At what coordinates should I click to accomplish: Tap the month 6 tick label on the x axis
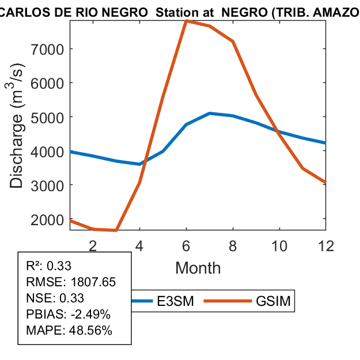(186, 245)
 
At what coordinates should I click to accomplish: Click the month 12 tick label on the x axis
(326, 245)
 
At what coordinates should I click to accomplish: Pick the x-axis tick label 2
(93, 245)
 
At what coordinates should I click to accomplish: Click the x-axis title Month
(198, 267)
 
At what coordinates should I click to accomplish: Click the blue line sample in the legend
(144, 301)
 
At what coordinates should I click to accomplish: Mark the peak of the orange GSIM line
(186, 21)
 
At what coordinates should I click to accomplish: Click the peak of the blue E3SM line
(210, 113)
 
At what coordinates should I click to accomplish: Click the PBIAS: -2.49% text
(69, 314)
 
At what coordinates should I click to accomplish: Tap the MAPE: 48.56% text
(69, 331)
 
